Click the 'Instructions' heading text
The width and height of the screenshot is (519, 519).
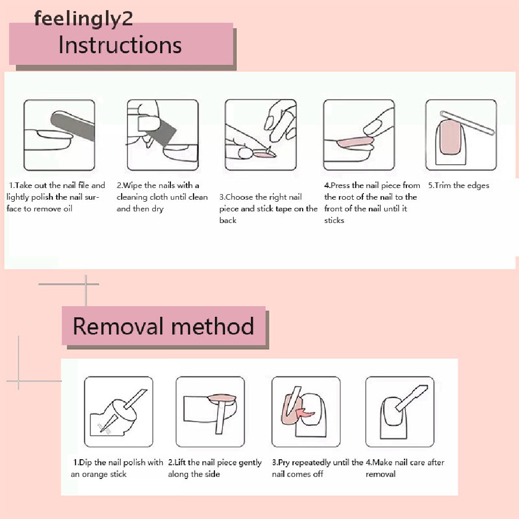120,45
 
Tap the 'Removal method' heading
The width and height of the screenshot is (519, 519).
163,326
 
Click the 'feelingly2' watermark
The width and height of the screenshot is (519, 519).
84,18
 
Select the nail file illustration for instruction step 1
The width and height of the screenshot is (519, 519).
59,135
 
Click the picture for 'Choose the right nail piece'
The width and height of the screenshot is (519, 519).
261,135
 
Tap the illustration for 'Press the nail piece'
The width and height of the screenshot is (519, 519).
359,135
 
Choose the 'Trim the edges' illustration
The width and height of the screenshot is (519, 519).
461,135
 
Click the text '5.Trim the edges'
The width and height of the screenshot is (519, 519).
458,186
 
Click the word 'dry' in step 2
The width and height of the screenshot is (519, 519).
158,209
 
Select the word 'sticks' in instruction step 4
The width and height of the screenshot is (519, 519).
334,220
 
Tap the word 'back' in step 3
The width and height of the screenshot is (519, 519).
228,220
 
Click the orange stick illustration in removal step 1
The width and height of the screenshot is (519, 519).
118,412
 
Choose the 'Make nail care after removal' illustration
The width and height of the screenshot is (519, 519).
399,412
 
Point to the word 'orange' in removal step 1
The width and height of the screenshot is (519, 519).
98,474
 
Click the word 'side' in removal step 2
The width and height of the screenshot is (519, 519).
212,474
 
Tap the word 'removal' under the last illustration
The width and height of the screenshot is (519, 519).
381,474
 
